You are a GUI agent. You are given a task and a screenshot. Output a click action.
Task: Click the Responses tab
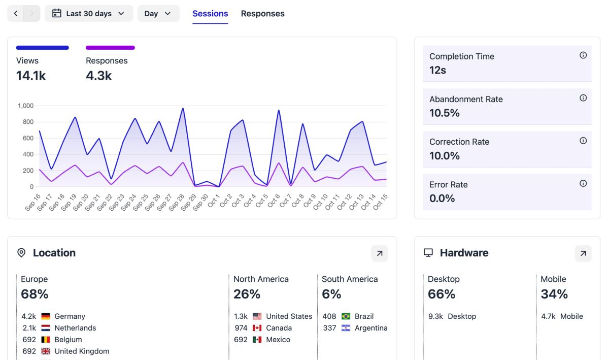262,14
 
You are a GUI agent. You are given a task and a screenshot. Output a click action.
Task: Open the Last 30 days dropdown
89,14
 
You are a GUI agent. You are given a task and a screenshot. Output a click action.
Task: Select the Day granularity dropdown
158,14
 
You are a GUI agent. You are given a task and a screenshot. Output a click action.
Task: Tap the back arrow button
16,14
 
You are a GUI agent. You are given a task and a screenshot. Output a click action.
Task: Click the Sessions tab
210,14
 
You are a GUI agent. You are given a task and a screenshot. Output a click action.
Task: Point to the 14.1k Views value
31,76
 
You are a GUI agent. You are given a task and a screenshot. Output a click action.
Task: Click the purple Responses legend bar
110,48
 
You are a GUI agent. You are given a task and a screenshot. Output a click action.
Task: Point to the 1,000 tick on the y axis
25,106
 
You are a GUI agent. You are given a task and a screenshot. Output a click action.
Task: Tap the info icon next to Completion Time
583,55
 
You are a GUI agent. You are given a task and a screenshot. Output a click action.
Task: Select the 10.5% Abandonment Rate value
445,113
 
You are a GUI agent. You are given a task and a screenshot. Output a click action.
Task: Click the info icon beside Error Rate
583,183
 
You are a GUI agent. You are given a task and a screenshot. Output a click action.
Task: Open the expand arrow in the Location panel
380,253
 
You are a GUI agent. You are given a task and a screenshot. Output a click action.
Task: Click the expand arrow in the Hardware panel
583,253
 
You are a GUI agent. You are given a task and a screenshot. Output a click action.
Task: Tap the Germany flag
46,316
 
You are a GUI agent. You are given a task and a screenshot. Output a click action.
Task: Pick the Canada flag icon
257,328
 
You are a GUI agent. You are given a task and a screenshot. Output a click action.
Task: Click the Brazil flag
346,316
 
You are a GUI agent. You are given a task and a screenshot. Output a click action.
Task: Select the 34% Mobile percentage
554,294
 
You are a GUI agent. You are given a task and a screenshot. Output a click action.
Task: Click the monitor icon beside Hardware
428,253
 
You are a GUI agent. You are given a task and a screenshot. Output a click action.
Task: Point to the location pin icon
21,253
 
